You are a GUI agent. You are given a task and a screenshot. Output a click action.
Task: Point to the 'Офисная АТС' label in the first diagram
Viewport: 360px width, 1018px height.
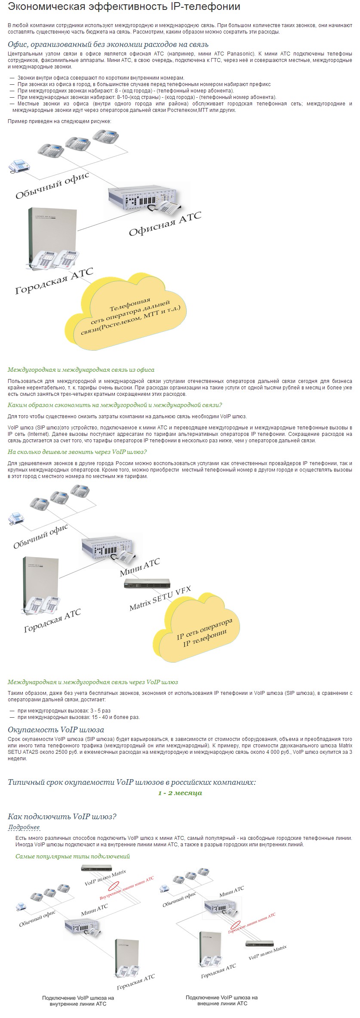coord(165,223)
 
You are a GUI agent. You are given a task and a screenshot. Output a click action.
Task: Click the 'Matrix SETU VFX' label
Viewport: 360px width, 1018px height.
coord(160,598)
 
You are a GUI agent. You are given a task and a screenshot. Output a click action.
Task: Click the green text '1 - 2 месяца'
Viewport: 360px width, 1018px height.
coord(180,793)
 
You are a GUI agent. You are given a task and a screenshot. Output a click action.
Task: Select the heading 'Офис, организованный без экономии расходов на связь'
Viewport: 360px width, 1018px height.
coord(108,45)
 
